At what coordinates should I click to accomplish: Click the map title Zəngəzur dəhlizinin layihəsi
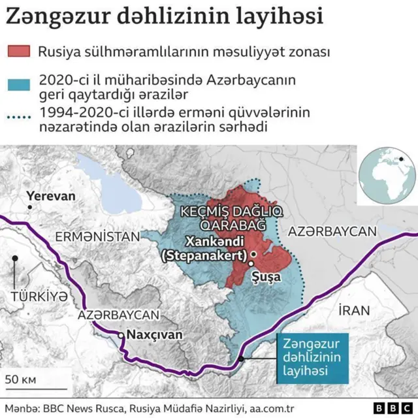pos(165,16)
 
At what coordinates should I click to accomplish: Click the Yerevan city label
pos(51,195)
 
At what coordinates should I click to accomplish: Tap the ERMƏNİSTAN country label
pos(97,236)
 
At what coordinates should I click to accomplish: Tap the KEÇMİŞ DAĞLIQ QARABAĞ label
pos(223,218)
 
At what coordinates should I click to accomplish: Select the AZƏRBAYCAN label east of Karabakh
pos(332,231)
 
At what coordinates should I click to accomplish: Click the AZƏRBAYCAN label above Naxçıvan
pos(118,314)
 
